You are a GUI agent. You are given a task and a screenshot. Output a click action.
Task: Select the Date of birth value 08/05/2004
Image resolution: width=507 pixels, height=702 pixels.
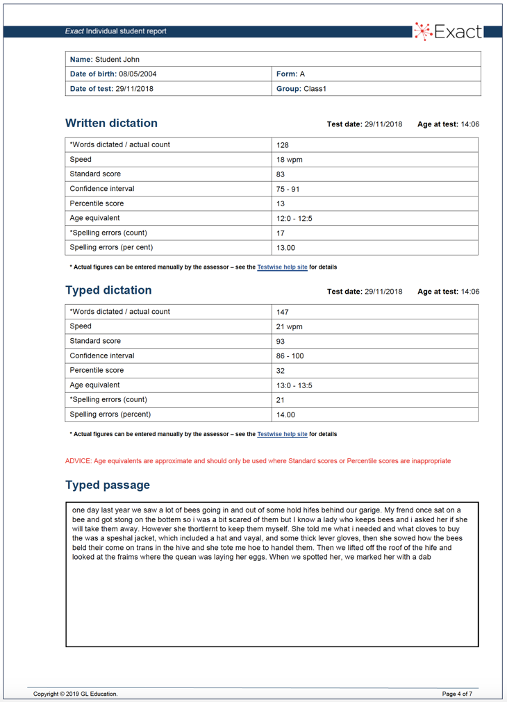(138, 74)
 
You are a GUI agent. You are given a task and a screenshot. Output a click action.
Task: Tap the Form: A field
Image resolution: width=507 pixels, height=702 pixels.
(291, 74)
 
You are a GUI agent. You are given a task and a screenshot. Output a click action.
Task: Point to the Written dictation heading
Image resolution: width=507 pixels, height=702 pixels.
(111, 124)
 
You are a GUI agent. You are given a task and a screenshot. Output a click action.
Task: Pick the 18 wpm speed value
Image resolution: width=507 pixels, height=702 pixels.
(290, 160)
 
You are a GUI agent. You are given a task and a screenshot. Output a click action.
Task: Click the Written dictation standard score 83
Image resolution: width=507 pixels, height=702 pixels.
(281, 174)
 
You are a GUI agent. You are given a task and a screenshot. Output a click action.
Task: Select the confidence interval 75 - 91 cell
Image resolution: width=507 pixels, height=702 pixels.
(288, 189)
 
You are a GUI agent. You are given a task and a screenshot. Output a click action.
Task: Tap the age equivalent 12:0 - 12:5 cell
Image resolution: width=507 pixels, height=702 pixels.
(294, 218)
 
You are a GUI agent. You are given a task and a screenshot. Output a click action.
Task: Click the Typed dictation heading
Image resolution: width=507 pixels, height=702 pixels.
(108, 290)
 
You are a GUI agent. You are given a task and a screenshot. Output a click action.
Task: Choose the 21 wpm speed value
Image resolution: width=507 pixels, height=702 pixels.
(290, 326)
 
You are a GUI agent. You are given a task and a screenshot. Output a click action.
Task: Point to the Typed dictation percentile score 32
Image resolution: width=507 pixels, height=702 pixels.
(281, 370)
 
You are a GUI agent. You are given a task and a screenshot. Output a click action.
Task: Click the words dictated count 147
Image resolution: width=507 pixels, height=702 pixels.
(282, 312)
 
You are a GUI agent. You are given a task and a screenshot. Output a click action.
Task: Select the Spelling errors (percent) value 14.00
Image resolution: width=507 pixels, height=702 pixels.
(285, 415)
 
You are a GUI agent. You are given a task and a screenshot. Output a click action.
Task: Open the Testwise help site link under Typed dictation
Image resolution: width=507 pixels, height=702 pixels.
(282, 434)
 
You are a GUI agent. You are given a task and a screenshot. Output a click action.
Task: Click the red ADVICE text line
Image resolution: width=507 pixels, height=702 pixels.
(258, 461)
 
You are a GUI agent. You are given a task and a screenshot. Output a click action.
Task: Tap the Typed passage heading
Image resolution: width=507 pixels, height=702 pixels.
(108, 485)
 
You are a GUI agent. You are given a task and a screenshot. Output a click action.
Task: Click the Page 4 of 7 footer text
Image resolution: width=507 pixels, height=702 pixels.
(457, 694)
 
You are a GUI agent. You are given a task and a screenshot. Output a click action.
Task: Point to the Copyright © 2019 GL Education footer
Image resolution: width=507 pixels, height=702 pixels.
(76, 694)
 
